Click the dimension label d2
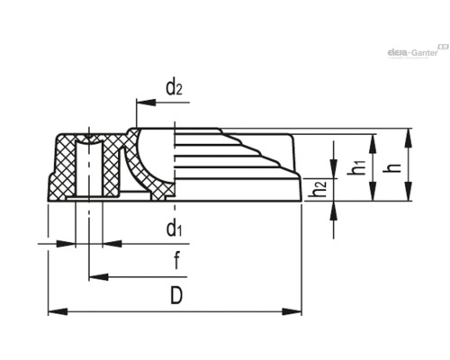[175, 88]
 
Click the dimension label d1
[175, 229]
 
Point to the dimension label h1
[359, 166]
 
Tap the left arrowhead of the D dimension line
[52, 311]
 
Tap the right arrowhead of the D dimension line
[296, 311]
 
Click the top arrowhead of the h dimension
[409, 134]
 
